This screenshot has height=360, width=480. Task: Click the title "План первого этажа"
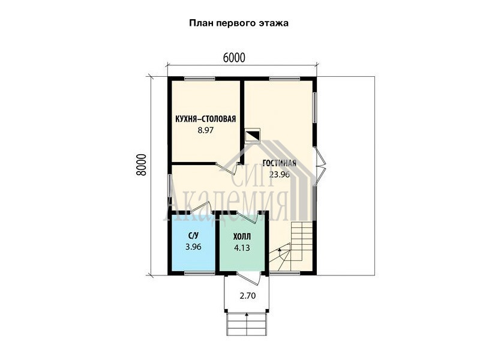pos(239,23)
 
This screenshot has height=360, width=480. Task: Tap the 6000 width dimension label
pos(234,58)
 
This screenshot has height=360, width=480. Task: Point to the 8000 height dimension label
pos(141,164)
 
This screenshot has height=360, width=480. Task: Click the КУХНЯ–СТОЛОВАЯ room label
pos(205,119)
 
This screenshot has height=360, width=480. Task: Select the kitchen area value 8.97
pos(205,130)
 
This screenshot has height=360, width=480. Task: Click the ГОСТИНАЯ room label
pos(279,163)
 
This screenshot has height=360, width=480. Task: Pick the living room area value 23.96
pos(279,175)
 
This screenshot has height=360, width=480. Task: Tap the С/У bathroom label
pos(193,235)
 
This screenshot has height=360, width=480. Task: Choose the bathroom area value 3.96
pos(193,247)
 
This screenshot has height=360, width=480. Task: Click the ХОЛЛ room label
pos(242,236)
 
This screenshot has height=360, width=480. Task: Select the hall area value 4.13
pos(242,248)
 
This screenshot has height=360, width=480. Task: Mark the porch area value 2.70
pos(248,296)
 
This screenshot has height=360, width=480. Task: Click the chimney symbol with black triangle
pos(252,136)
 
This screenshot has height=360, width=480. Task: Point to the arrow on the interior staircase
pos(280,253)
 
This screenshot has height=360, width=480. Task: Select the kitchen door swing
pos(226,168)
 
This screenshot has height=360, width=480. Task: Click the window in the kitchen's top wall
pos(200,79)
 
